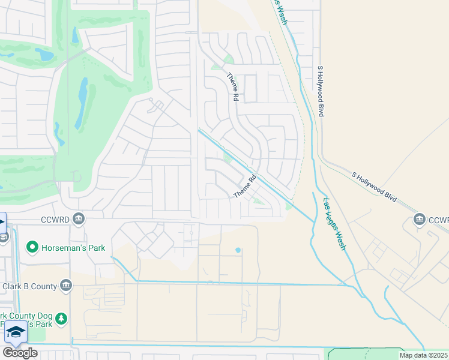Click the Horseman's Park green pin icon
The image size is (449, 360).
[x=32, y=247]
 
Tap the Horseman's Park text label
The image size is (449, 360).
[x=73, y=248]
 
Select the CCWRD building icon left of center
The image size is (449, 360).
[x=78, y=220]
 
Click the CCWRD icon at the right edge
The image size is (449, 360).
[x=420, y=220]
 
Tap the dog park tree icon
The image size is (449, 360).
[x=61, y=318]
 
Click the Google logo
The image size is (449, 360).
[x=20, y=352]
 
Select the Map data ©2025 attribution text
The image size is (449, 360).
[x=424, y=355]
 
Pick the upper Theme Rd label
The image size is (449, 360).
[x=232, y=86]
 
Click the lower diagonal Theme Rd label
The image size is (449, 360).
[x=245, y=187]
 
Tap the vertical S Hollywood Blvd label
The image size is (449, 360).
[x=321, y=91]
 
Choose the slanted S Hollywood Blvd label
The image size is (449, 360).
[x=374, y=187]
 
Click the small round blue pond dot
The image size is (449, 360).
[x=238, y=250]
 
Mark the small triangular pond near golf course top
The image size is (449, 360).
[x=75, y=36]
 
